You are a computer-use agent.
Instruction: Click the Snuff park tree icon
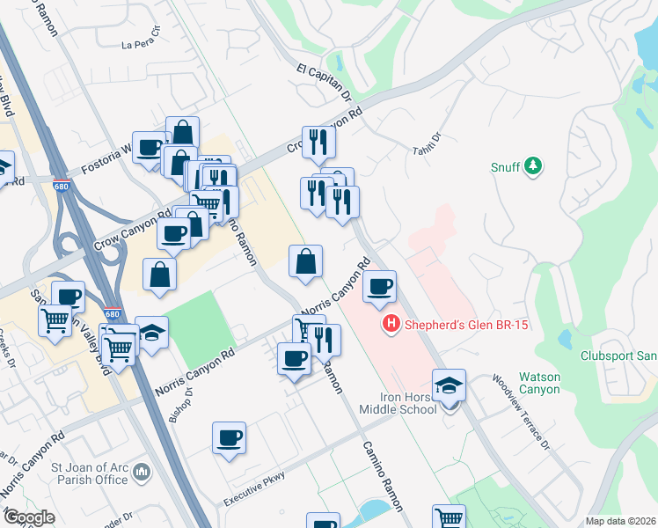coord(532,165)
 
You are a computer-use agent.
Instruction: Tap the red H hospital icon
coord(391,325)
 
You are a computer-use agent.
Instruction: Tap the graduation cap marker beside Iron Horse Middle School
coord(449,385)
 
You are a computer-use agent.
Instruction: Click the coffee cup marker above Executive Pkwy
coord(229,437)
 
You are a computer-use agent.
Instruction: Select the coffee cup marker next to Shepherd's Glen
coord(379,286)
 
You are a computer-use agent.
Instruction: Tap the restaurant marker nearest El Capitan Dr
coord(318,142)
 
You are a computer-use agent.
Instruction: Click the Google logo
coord(29,517)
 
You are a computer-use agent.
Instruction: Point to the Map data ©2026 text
coord(620,521)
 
